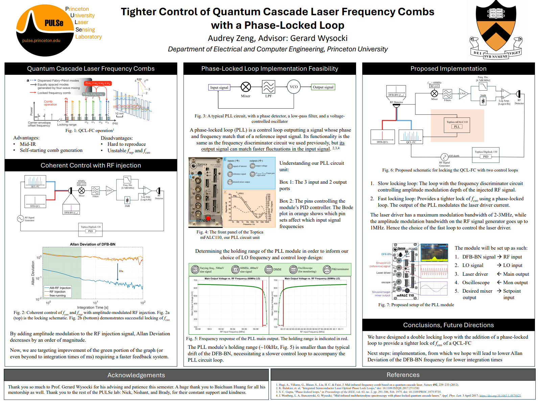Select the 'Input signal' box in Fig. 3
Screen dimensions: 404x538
coord(219,87)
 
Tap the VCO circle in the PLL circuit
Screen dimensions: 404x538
coord(294,87)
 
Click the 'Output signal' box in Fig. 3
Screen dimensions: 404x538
coord(323,87)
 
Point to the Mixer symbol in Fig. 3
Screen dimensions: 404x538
coord(246,87)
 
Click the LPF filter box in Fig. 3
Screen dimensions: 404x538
coord(268,87)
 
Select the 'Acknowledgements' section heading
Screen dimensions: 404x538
coord(136,375)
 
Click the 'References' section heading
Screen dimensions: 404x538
coord(403,375)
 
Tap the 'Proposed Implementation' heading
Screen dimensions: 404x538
coord(448,69)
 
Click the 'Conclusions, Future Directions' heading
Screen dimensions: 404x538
coord(448,325)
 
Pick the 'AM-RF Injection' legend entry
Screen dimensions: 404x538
coord(60,288)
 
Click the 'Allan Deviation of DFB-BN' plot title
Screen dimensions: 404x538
coord(92,244)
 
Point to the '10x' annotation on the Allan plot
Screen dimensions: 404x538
coord(121,271)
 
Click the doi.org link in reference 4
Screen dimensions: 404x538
coord(500,396)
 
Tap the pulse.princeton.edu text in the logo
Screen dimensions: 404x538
coord(41,41)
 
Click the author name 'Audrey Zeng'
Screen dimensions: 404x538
coord(231,38)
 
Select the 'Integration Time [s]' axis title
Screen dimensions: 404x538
coord(92,308)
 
